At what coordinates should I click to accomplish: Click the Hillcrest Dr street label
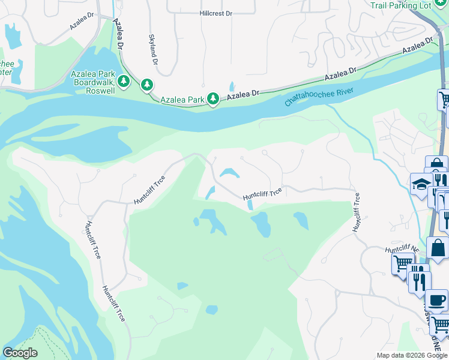(215, 13)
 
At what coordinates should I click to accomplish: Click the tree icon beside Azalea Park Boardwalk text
(124, 80)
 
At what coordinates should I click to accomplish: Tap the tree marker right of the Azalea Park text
(213, 98)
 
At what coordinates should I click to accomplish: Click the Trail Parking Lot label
(409, 6)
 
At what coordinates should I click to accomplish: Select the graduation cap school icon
(420, 184)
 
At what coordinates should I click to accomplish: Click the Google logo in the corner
(20, 353)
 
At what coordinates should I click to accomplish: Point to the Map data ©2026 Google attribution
(412, 355)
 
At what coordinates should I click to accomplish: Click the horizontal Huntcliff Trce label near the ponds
(262, 194)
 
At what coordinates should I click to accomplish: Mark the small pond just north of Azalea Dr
(232, 86)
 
